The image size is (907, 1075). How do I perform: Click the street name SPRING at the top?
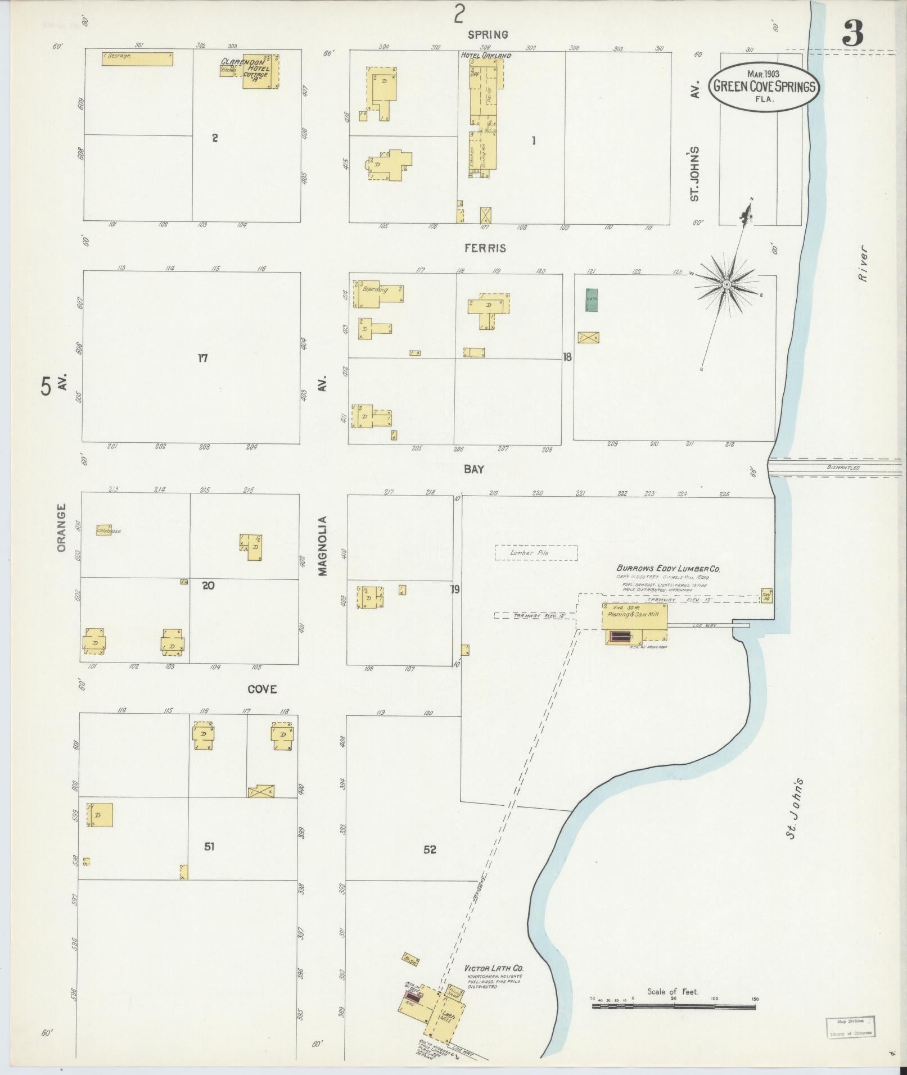pyautogui.click(x=488, y=35)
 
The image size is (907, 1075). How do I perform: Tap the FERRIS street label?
pyautogui.click(x=485, y=248)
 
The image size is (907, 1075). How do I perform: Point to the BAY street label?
pyautogui.click(x=474, y=469)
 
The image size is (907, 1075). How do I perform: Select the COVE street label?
pyautogui.click(x=262, y=689)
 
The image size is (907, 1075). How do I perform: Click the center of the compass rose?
pyautogui.click(x=726, y=285)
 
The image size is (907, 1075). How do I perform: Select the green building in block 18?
pyautogui.click(x=592, y=300)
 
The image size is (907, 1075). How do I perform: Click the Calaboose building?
pyautogui.click(x=104, y=530)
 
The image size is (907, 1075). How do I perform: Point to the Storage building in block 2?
pyautogui.click(x=137, y=58)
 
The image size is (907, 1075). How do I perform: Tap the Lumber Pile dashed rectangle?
pyautogui.click(x=536, y=553)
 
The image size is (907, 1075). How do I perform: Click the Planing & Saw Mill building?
pyautogui.click(x=635, y=617)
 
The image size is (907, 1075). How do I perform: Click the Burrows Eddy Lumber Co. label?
pyautogui.click(x=668, y=569)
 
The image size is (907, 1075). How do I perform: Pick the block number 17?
pyautogui.click(x=202, y=357)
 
